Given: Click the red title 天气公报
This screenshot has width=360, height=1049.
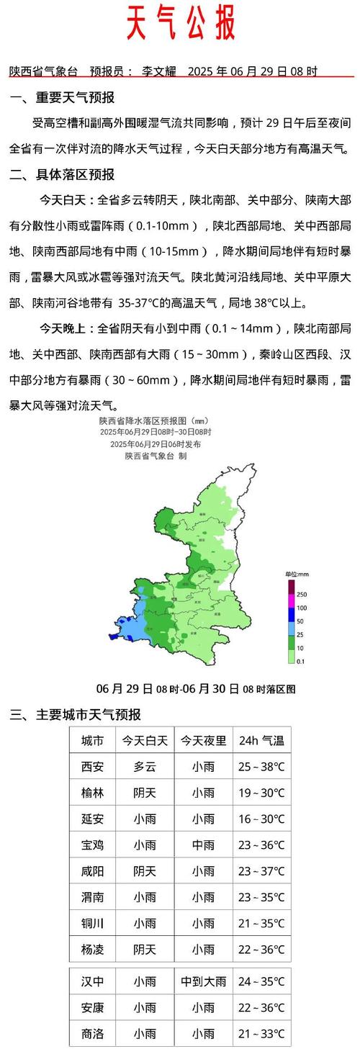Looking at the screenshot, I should [x=181, y=23].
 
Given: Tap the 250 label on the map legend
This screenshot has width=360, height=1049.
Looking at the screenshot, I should [x=300, y=594].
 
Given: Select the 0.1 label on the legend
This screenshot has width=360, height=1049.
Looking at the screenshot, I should [x=300, y=661].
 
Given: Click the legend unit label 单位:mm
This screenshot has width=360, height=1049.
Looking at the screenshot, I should [x=297, y=573].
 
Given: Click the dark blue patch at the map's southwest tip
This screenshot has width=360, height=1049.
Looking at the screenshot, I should [x=114, y=636].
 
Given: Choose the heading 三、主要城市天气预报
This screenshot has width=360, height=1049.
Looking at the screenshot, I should [x=75, y=715].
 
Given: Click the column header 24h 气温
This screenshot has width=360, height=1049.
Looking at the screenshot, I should [x=261, y=740].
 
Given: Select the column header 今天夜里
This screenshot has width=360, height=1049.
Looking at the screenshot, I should [x=203, y=740].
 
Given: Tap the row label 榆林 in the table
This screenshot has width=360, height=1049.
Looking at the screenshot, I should [x=92, y=793].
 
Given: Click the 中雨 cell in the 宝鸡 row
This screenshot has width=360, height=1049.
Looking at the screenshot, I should [x=203, y=845].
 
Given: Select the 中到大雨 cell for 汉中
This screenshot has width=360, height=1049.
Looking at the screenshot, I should [x=203, y=981].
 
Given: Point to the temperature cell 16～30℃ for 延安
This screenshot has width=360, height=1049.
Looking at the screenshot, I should [x=261, y=819].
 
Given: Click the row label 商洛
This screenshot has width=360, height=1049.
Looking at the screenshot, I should [x=92, y=1033].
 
